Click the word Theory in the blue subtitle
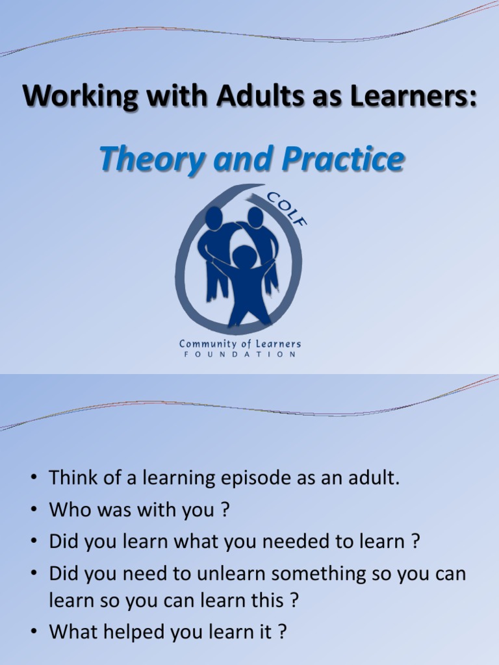[x=149, y=160]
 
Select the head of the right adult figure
[x=255, y=216]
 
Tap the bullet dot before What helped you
[x=34, y=632]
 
